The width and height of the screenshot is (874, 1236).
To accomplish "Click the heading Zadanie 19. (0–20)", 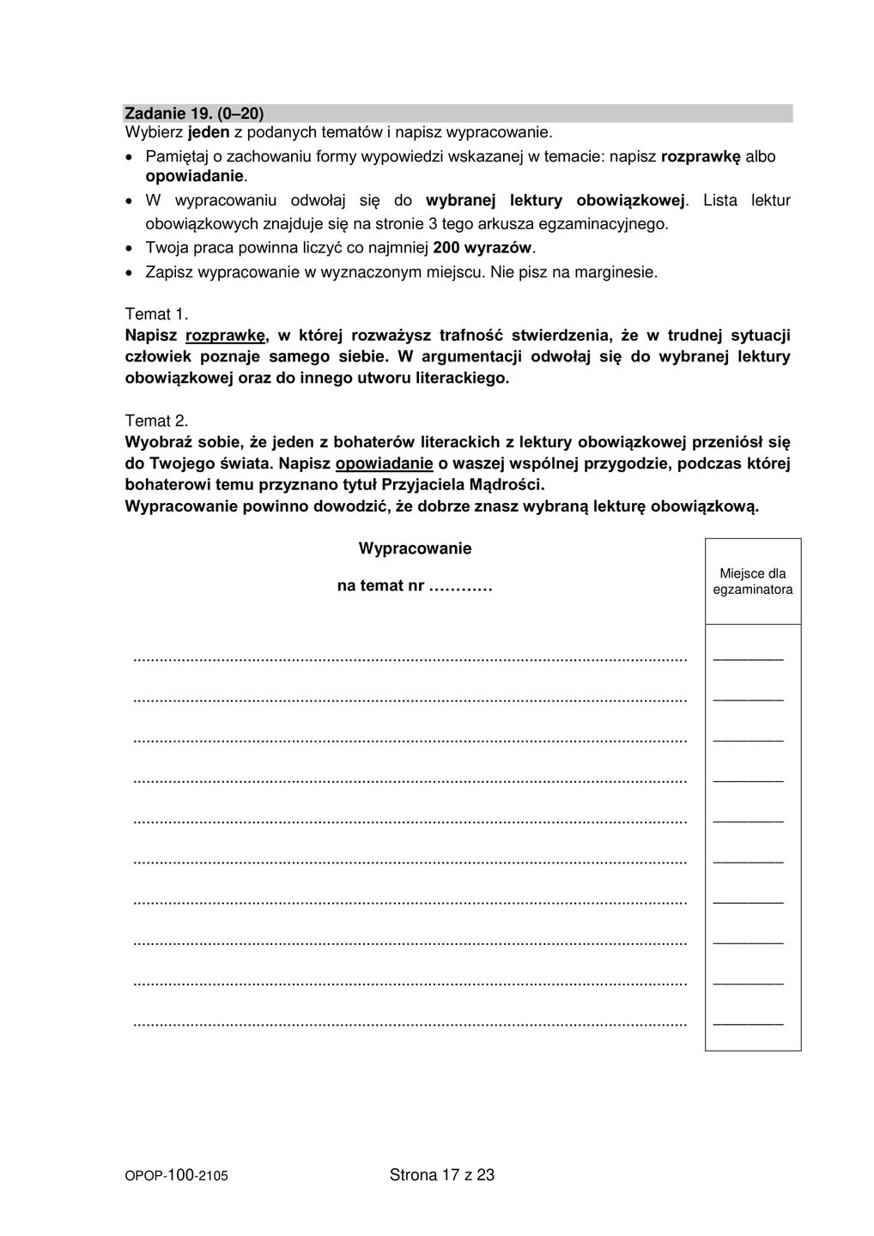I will click(x=194, y=113).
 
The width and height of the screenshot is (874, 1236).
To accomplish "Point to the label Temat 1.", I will click(x=156, y=314).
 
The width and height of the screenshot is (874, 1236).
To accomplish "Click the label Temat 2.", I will click(x=156, y=421).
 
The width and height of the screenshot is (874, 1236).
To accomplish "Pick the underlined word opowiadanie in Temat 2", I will click(x=384, y=464).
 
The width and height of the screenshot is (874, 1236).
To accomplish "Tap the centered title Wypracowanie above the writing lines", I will click(x=415, y=548).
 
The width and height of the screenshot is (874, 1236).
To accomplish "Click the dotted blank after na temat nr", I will click(x=459, y=586).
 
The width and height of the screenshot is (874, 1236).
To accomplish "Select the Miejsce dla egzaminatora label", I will click(x=752, y=581).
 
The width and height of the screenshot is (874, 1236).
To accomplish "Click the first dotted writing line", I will click(x=410, y=659).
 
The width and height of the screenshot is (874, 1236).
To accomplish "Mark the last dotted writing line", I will click(x=410, y=1023).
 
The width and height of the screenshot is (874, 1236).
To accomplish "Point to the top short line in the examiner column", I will click(x=748, y=658).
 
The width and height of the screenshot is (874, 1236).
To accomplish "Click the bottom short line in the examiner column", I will click(x=748, y=1023).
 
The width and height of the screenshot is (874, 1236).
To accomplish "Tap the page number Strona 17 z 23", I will click(x=442, y=1175).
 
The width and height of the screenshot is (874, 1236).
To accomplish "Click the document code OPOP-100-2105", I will click(x=177, y=1176).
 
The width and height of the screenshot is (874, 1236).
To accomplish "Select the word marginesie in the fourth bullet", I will click(x=616, y=273).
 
